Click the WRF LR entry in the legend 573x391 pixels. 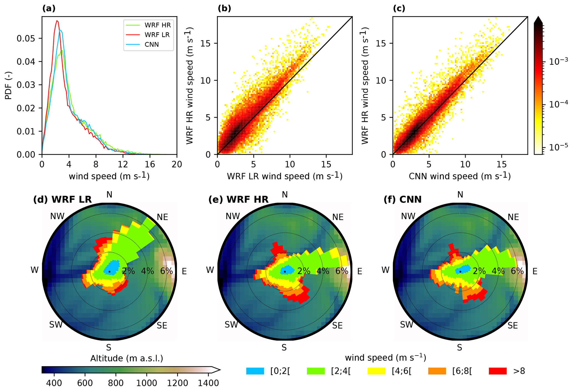[x=157, y=35]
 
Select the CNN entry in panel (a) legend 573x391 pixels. [x=152, y=44]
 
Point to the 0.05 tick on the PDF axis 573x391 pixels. [x=26, y=38]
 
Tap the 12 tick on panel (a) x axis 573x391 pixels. [x=123, y=164]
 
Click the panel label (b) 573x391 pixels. [x=224, y=9]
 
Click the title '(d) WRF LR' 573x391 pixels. [x=62, y=199]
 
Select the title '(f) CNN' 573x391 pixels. [x=403, y=199]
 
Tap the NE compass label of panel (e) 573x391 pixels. [x=338, y=217]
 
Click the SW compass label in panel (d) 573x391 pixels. [x=56, y=324]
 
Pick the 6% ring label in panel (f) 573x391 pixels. [x=517, y=271]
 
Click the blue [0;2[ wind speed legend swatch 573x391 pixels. [x=255, y=371]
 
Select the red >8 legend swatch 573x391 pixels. [x=498, y=371]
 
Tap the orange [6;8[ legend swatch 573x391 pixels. [x=437, y=371]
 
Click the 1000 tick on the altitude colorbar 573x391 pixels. [x=147, y=383]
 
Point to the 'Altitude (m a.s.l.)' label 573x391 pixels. [x=127, y=358]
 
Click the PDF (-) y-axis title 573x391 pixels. [x=9, y=85]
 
